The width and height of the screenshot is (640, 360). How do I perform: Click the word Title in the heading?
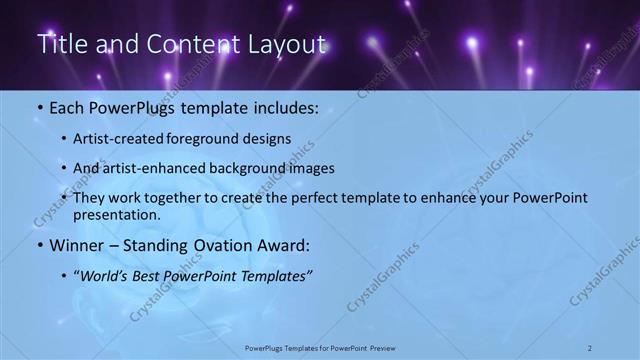coord(60,44)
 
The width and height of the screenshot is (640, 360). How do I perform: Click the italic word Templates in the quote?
coord(274,275)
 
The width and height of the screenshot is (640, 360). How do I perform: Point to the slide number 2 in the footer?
coord(590,348)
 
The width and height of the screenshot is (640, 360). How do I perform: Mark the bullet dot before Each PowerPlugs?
coord(38,108)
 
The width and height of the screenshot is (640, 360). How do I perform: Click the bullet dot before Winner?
coord(38,245)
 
